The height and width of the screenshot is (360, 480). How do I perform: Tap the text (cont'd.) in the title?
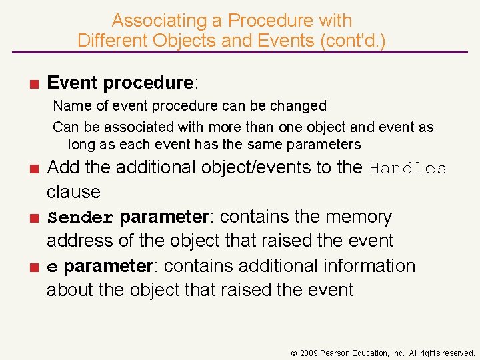coord(353,40)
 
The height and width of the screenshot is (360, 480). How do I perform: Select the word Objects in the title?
coord(183,40)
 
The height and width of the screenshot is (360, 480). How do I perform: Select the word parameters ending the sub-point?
coord(325,145)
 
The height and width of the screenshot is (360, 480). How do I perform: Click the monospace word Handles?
coord(407,168)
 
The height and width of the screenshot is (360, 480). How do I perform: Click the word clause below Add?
coord(73,192)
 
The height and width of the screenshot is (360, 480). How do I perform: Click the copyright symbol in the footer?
coord(295,353)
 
